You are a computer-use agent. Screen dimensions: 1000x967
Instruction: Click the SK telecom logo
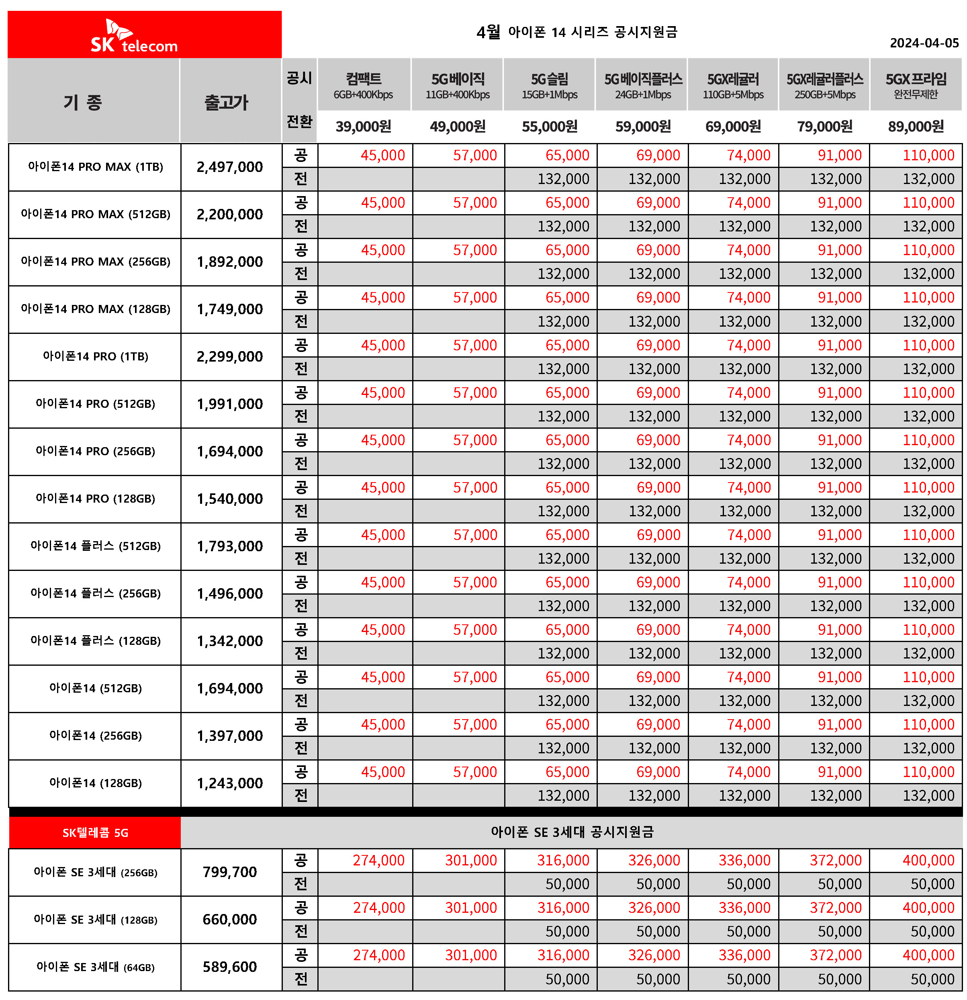point(134,37)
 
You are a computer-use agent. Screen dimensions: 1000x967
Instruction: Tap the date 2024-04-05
point(924,43)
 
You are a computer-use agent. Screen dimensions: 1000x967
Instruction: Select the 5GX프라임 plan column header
point(916,85)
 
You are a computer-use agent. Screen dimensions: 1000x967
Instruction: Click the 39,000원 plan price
point(363,127)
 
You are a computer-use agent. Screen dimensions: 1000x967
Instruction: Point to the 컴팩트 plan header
point(363,85)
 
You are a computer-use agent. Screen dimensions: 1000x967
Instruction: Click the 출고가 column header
point(226,102)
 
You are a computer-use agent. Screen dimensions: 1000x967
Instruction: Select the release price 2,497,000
point(230,167)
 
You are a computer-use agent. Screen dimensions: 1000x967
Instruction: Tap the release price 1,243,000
point(230,783)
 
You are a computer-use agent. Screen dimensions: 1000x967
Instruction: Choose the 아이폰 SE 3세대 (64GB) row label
point(96,967)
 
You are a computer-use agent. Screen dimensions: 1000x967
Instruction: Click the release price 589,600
point(230,967)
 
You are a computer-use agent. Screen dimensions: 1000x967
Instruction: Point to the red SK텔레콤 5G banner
point(96,832)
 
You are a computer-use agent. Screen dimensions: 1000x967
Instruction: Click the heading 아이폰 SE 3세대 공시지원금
point(572,832)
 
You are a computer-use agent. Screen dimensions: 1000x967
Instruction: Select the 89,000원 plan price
point(916,127)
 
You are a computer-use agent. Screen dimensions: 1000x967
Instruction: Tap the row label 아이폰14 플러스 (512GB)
point(96,546)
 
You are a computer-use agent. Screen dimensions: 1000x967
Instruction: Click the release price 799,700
point(230,872)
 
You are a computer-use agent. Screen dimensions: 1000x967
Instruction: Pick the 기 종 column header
point(83,102)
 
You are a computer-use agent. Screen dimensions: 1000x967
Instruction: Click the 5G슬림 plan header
point(549,85)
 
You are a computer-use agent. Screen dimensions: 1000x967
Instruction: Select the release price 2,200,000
point(230,214)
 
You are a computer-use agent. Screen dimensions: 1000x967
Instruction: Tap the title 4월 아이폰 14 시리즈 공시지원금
point(577,32)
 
